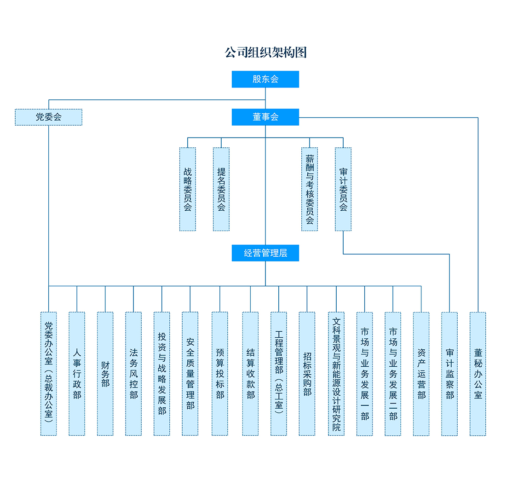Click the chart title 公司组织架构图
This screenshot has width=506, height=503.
click(x=265, y=52)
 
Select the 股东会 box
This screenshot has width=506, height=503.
click(x=265, y=79)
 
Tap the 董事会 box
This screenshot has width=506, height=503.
click(x=265, y=117)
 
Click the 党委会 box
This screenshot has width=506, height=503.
click(x=49, y=117)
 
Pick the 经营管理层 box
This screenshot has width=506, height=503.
click(x=265, y=253)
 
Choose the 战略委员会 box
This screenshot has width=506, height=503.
click(x=188, y=189)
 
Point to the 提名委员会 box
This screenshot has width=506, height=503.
click(x=221, y=189)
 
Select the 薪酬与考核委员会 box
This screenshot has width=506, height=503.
click(x=310, y=189)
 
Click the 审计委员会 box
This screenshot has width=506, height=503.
click(x=343, y=189)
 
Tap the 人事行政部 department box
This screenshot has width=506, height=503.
click(x=77, y=374)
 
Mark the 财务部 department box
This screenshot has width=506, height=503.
click(x=105, y=374)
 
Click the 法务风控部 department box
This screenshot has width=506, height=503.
click(x=133, y=374)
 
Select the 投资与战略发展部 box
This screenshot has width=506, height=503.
click(x=162, y=374)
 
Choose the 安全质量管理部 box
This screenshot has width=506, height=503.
click(x=190, y=374)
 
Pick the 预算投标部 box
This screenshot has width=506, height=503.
click(x=220, y=374)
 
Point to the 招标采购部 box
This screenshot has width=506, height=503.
click(x=307, y=374)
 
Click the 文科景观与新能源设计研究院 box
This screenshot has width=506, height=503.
click(x=336, y=374)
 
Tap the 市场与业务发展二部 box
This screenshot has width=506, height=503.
click(x=393, y=374)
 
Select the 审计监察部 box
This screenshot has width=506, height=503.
click(x=449, y=374)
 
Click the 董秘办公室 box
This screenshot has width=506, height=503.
click(x=478, y=374)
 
